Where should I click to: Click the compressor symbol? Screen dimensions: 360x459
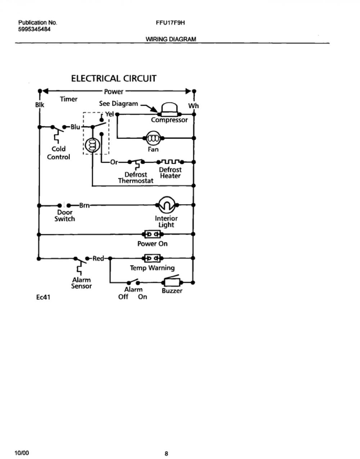click(x=170, y=109)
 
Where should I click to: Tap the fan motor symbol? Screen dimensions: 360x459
click(x=154, y=138)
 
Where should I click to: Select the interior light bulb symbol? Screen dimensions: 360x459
click(x=167, y=205)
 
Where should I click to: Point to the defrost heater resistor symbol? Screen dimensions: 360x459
click(x=170, y=162)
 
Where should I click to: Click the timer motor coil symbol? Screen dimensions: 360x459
click(x=92, y=145)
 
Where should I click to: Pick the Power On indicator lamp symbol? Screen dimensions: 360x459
click(x=153, y=234)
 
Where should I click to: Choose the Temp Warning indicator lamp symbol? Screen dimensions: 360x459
click(x=153, y=258)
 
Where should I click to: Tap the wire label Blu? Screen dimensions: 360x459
click(x=75, y=127)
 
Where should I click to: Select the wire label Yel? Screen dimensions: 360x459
click(x=109, y=114)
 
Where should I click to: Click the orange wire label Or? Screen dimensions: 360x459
click(x=114, y=162)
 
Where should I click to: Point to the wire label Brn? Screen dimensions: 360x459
click(x=84, y=205)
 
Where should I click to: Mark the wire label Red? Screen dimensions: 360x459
click(x=98, y=258)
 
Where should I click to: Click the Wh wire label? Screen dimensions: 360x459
click(x=193, y=106)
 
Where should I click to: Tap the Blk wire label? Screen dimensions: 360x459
click(x=40, y=105)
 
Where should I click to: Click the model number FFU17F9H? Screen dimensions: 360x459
click(x=170, y=23)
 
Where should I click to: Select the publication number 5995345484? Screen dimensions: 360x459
click(x=34, y=29)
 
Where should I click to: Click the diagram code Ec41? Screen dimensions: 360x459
click(x=43, y=297)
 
